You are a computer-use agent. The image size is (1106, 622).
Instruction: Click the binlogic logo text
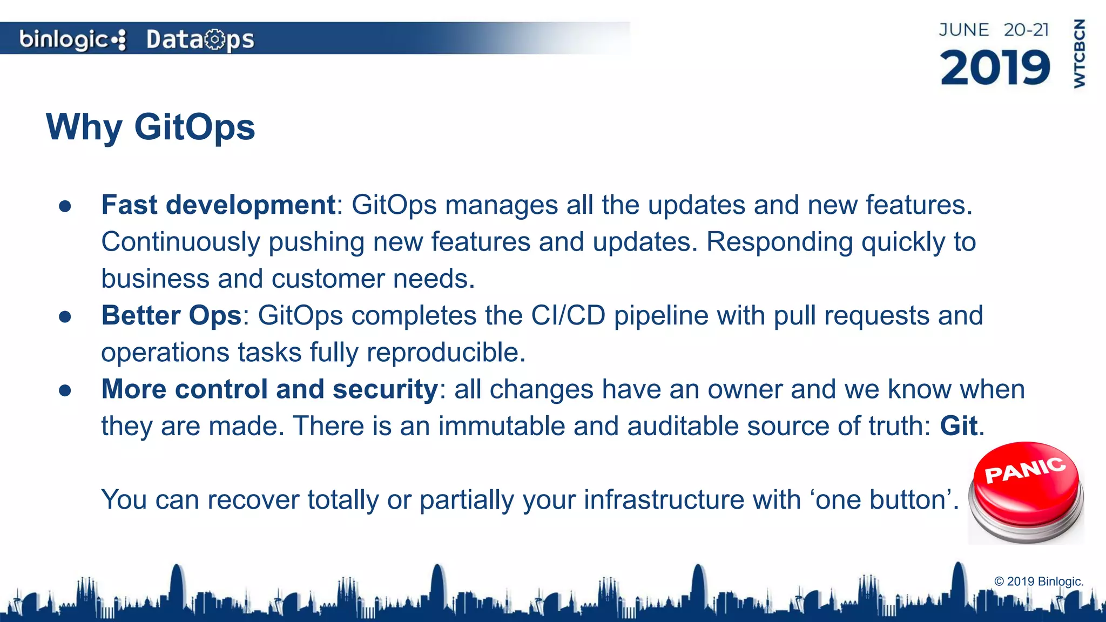[65, 39]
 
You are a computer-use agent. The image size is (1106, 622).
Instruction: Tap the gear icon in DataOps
[215, 39]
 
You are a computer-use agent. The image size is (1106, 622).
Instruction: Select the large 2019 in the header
[995, 68]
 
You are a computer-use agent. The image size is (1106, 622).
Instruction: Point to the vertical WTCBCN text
[1079, 53]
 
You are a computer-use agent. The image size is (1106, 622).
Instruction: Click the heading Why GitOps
[151, 127]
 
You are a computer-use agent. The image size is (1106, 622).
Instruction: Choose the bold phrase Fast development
[219, 205]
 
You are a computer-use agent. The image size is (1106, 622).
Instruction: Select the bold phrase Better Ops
[171, 315]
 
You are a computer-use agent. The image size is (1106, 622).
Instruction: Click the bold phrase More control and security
[269, 389]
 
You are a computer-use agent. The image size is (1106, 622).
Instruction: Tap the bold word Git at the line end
[959, 426]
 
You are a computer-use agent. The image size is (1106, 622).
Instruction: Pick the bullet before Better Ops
[65, 316]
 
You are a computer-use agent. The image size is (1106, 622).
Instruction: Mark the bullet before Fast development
[65, 206]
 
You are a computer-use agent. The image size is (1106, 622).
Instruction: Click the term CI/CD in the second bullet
[568, 315]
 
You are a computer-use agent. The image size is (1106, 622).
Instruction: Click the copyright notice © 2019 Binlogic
[1038, 582]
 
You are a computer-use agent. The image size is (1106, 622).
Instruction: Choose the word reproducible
[446, 353]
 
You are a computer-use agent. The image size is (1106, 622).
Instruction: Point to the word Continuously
[181, 242]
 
